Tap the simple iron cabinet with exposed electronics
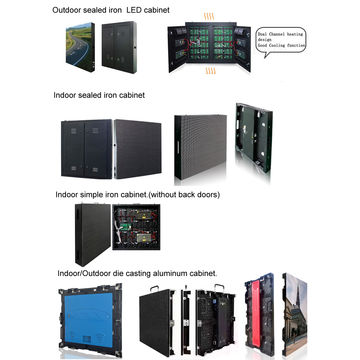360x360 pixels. pyautogui.click(x=140, y=228)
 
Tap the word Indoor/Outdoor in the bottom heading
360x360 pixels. pyautogui.click(x=84, y=271)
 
